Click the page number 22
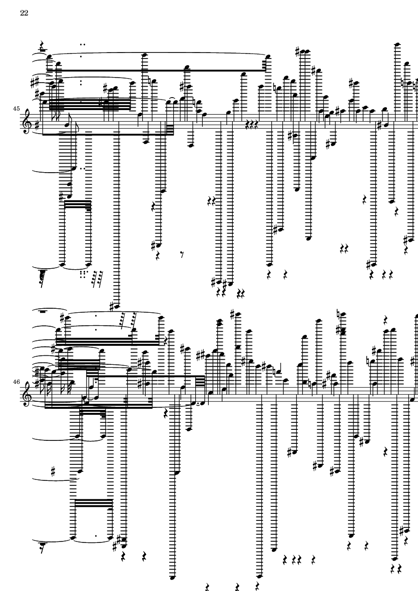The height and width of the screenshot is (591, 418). click(24, 13)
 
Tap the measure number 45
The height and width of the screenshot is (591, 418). click(16, 109)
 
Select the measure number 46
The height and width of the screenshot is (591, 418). click(16, 381)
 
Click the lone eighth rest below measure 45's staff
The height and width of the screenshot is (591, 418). click(182, 255)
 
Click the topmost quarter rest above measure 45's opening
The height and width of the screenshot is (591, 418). click(42, 46)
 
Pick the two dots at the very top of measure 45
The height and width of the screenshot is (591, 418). click(83, 44)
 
